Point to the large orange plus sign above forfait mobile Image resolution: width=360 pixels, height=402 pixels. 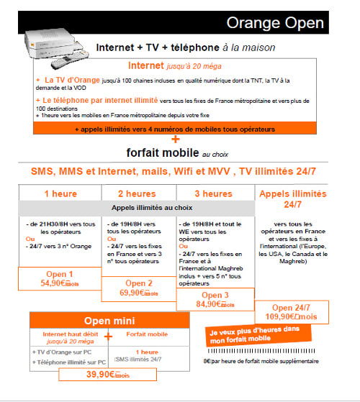click(175, 139)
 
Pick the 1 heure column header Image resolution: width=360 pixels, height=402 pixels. click(60, 193)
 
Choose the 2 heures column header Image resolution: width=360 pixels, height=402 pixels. click(137, 193)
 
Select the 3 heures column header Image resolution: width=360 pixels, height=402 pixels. click(214, 193)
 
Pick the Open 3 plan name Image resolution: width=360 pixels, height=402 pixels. click(215, 294)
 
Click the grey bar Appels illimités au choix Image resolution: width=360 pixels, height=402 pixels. click(137, 208)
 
